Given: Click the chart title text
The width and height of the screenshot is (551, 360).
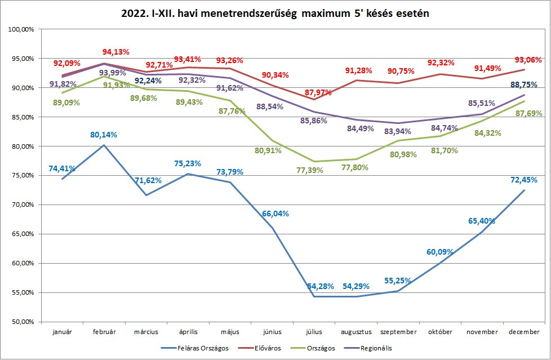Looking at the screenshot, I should (275, 14).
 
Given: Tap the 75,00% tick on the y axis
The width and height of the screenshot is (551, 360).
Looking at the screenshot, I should (23, 175).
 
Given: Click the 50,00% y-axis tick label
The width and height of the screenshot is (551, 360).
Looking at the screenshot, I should (23, 321).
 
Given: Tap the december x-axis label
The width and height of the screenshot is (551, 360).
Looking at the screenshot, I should (524, 332).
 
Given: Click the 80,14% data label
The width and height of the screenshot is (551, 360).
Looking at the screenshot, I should (104, 135).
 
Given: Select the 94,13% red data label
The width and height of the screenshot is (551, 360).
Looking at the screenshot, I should (115, 52).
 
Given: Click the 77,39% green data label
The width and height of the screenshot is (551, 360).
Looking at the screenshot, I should (309, 170).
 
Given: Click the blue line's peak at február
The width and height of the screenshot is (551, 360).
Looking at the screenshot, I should (104, 145).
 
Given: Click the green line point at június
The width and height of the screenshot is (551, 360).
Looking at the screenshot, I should (272, 140).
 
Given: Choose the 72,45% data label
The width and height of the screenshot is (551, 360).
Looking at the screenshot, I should (523, 180).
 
